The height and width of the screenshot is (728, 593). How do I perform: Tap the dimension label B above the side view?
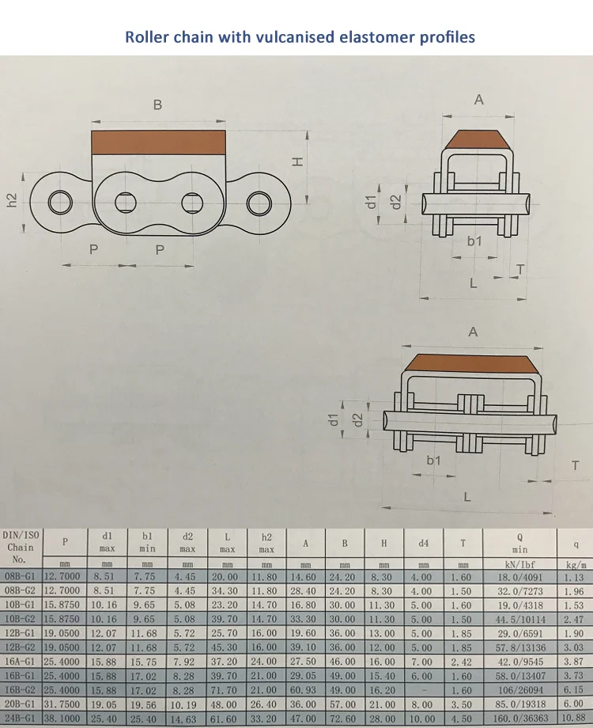pos(157,104)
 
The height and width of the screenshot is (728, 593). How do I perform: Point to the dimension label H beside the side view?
pos(297,161)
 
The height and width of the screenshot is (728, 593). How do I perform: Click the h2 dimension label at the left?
pos(11,201)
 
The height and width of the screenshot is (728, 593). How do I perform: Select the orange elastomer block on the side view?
pos(158,142)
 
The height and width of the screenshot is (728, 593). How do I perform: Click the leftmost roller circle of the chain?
pos(60,203)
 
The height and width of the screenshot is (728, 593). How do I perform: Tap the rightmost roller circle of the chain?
pos(258,203)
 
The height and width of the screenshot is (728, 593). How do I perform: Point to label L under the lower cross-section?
pos(467,497)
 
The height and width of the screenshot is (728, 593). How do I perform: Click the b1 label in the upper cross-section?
pos(474,241)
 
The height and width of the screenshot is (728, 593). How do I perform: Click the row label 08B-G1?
pos(22,577)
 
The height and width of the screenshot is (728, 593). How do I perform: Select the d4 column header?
pos(423,543)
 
